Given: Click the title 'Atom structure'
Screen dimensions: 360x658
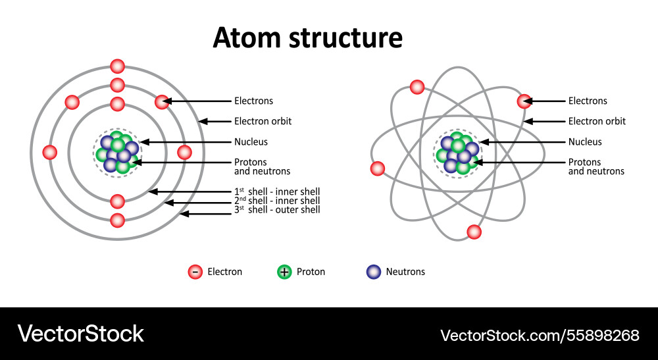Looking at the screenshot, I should click(x=307, y=38).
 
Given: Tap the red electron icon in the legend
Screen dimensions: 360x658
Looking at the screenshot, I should click(x=195, y=272).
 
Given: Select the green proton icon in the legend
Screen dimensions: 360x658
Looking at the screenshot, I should click(x=284, y=272).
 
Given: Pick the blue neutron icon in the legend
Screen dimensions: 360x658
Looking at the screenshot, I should click(x=374, y=272).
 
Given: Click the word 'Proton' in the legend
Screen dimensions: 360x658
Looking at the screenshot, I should click(x=311, y=272).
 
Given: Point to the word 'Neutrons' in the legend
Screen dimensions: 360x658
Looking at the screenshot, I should click(x=405, y=272).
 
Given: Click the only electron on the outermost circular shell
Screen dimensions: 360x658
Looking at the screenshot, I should click(x=118, y=66).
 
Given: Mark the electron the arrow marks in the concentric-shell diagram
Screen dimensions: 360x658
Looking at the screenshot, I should click(x=162, y=101).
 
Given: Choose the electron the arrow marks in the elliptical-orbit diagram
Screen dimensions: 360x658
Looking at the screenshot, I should click(x=524, y=101).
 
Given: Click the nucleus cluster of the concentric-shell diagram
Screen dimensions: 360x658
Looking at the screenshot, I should click(x=118, y=153).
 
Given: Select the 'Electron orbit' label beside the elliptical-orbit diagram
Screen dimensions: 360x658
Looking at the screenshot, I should click(x=597, y=121).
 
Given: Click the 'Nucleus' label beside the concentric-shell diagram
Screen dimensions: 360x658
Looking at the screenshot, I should click(x=251, y=141).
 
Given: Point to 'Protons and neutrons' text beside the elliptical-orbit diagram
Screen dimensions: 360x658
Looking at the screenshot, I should click(x=596, y=167).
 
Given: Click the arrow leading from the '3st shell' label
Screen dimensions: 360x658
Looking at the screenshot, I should click(x=207, y=213).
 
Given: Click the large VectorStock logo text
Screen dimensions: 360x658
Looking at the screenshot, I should click(x=80, y=334).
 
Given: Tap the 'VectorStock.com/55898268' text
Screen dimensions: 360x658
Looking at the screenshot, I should click(x=540, y=335).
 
